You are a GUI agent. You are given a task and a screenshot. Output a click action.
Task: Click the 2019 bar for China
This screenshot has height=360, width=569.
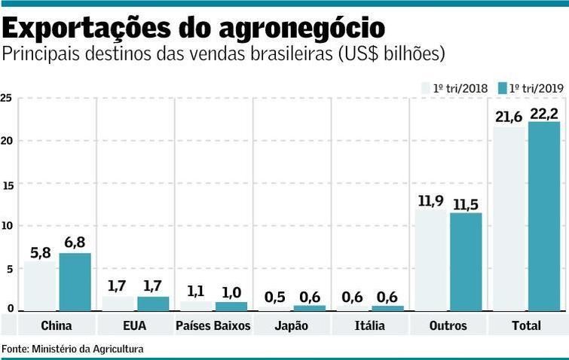(75, 282)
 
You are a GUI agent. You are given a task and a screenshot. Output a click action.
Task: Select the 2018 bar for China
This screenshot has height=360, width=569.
(39, 286)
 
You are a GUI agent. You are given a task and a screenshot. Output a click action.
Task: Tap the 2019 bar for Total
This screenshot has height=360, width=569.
(544, 216)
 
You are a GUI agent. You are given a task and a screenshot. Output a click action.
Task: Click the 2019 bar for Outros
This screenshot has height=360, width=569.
(466, 261)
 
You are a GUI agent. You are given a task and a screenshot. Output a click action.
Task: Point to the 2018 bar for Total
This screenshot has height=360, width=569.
(509, 218)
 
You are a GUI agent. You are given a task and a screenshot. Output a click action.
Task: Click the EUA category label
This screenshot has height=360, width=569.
(135, 326)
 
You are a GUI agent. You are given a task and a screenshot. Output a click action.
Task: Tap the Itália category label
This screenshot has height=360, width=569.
(369, 326)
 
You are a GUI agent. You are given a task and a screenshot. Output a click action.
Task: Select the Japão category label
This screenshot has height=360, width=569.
(291, 326)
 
